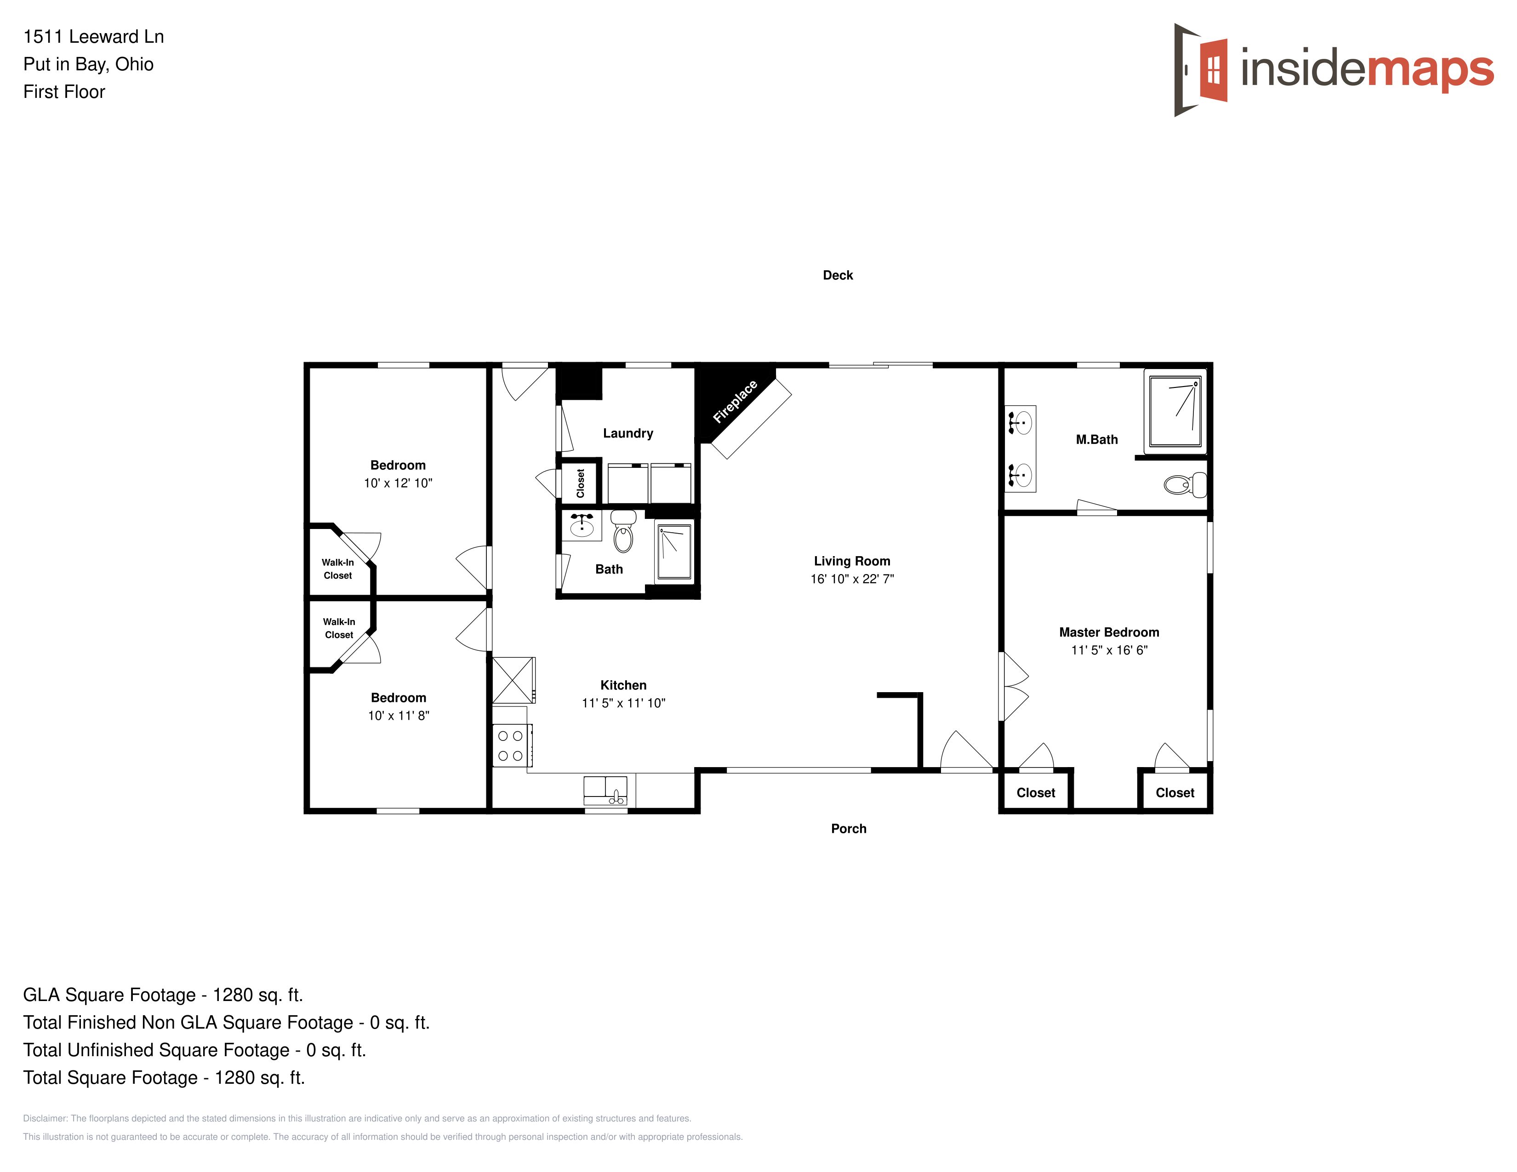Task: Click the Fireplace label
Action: [735, 401]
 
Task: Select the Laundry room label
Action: [628, 433]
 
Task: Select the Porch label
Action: [849, 828]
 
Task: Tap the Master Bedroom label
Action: [1109, 632]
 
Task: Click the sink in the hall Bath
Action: [582, 526]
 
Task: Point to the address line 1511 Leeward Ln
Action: [94, 37]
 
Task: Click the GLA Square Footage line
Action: [163, 995]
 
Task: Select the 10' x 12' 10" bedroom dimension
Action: [398, 483]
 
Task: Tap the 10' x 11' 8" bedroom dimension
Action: [399, 716]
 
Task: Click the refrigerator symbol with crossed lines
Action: [514, 680]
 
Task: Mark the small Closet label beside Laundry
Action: [581, 483]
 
